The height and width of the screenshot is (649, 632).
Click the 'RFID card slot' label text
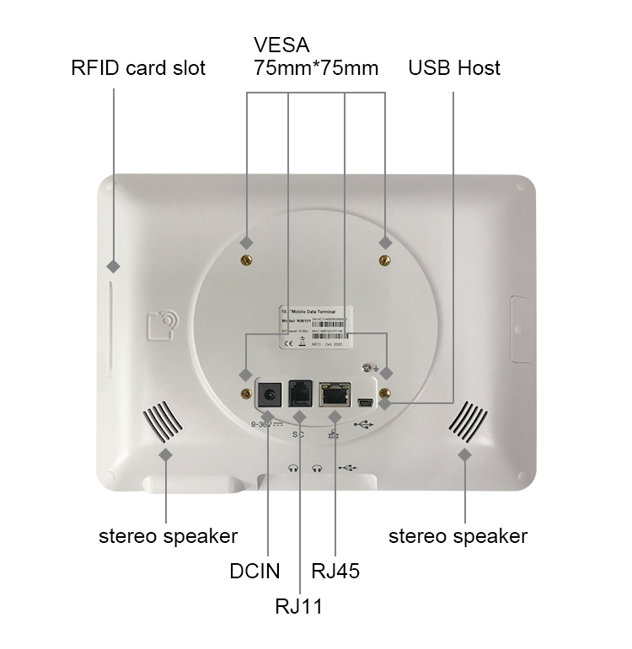click(138, 68)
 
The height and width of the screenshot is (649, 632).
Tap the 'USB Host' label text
click(454, 68)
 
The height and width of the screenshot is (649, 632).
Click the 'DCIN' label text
click(254, 571)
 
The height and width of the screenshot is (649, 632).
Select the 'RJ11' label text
click(298, 605)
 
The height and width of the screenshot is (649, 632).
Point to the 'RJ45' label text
click(335, 571)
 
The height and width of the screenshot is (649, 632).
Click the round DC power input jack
click(270, 394)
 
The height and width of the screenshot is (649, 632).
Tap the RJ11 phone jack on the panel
click(300, 393)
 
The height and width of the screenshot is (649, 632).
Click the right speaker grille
click(468, 420)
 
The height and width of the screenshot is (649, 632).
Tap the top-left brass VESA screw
click(248, 260)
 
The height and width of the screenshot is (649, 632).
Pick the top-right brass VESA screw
click(385, 260)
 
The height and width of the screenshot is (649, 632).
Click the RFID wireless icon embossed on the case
click(162, 324)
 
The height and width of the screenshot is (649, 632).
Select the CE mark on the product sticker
click(287, 343)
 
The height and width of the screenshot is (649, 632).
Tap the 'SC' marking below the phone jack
click(297, 434)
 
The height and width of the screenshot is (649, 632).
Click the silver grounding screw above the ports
click(367, 367)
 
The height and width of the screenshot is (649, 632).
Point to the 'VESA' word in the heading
click(281, 44)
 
